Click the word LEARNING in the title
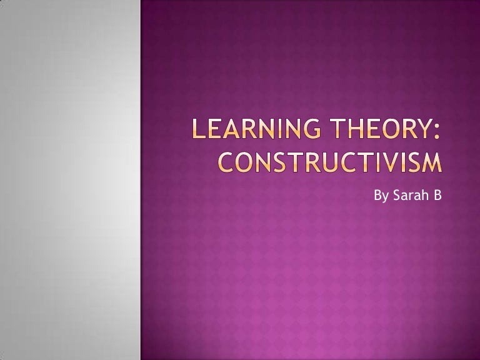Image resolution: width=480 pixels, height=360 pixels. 257,129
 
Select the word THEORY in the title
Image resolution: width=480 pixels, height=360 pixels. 379,129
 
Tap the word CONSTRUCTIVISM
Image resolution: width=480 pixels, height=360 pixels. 330,162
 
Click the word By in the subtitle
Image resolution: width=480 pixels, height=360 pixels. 381,196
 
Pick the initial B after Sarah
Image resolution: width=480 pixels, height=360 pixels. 437,195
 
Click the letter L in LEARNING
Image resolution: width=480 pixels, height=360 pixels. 198,129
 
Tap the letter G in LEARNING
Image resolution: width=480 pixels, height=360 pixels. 312,129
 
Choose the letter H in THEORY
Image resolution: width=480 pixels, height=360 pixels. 355,129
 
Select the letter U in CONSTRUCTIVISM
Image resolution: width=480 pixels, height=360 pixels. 329,162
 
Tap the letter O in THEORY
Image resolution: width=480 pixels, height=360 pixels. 386,129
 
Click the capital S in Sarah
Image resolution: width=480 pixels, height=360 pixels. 397,195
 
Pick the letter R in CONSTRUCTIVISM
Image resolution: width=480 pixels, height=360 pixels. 313,162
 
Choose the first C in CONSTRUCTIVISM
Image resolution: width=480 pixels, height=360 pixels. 226,162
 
